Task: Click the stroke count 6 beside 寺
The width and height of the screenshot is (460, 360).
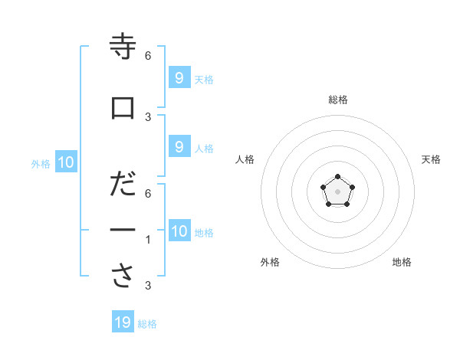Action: pos(148,56)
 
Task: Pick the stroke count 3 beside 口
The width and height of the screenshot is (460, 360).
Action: pos(148,116)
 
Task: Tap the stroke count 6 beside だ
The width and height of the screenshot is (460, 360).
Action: pos(148,194)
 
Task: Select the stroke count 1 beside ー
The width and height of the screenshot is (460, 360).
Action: pos(148,240)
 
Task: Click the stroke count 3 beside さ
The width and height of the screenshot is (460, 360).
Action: pos(148,286)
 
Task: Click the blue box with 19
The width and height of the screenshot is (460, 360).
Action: pos(123,322)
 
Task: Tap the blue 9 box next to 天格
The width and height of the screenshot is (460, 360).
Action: pos(179,78)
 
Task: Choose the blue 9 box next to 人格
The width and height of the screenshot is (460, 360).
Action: pos(179,147)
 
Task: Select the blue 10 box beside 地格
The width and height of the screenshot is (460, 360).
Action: pos(179,231)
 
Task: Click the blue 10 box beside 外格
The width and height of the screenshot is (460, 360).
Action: pos(66,162)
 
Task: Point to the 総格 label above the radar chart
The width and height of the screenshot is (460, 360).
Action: pos(338,100)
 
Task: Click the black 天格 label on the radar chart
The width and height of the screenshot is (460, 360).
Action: pos(431,159)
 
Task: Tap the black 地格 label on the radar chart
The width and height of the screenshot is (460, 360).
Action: pos(402,262)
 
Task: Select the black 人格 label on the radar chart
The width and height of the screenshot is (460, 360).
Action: pos(245,159)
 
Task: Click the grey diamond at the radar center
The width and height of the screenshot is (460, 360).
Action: pos(337,191)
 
